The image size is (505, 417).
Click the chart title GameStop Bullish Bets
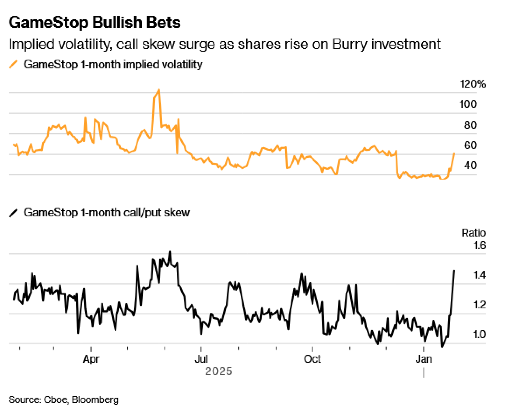(x=94, y=22)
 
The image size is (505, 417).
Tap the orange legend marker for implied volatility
(x=13, y=64)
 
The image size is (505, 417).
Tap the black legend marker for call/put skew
(x=13, y=213)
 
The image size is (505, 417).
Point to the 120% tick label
(x=472, y=84)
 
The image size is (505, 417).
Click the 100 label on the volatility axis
(x=468, y=104)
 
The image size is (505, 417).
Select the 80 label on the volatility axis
(x=470, y=125)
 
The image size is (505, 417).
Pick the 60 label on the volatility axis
(x=470, y=145)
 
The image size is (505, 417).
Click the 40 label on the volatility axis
(x=470, y=166)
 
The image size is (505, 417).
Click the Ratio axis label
(x=473, y=233)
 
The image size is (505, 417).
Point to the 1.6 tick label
(x=479, y=245)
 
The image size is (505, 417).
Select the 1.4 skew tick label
(x=479, y=275)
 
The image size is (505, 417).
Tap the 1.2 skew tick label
(x=479, y=305)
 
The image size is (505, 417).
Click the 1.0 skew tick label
(x=479, y=335)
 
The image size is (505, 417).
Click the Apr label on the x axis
(x=91, y=359)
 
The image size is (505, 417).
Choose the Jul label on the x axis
(x=201, y=359)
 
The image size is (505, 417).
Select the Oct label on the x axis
(x=312, y=359)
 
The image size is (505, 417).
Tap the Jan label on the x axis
(x=423, y=359)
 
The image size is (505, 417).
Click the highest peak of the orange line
(x=159, y=90)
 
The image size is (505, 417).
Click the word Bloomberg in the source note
(x=95, y=400)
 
